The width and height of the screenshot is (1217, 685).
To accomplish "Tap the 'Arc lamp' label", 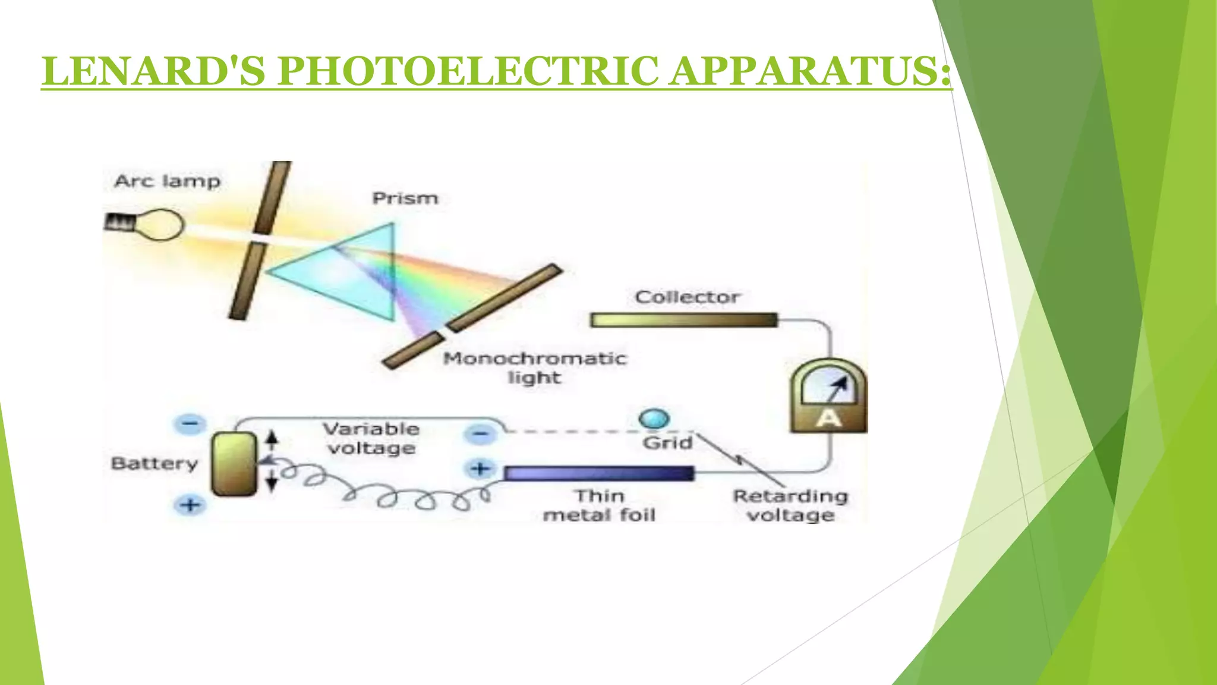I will pyautogui.click(x=167, y=181).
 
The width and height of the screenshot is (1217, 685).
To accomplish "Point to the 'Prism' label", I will pyautogui.click(x=405, y=198).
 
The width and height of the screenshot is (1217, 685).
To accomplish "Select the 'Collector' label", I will pyautogui.click(x=687, y=297).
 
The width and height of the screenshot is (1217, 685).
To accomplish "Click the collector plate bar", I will pyautogui.click(x=684, y=320).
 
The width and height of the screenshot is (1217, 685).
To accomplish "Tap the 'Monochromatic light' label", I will pyautogui.click(x=534, y=367).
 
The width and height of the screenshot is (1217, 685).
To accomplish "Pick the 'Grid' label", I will pyautogui.click(x=667, y=443).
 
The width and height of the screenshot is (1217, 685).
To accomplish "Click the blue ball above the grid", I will pyautogui.click(x=654, y=419).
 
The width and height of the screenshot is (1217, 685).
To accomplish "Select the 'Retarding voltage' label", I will pyautogui.click(x=790, y=505).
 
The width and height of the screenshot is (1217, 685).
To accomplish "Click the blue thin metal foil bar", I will pyautogui.click(x=599, y=473).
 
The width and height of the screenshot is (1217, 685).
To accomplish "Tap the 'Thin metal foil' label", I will pyautogui.click(x=599, y=505).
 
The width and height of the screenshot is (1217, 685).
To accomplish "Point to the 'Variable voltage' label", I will pyautogui.click(x=371, y=438).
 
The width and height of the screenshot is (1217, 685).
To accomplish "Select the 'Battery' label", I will pyautogui.click(x=155, y=463).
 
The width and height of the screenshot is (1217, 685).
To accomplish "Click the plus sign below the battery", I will pyautogui.click(x=190, y=505).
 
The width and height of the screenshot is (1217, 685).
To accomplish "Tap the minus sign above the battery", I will pyautogui.click(x=190, y=424).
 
